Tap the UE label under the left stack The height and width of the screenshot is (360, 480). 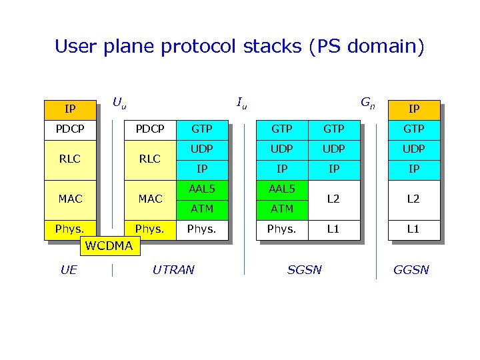(68, 270)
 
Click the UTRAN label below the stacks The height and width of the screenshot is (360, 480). (173, 270)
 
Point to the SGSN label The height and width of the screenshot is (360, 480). (304, 270)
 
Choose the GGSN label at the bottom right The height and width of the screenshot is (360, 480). (411, 270)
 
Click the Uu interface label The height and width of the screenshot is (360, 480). (119, 103)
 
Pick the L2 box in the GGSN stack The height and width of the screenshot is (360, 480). (414, 199)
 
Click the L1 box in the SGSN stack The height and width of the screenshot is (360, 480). (334, 229)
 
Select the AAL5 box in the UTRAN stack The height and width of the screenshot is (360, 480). (202, 189)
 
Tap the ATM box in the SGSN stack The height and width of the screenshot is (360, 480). (282, 209)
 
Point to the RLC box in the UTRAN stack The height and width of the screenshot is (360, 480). (150, 159)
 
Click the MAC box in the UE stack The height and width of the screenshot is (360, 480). (70, 199)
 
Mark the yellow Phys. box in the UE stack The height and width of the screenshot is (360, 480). (70, 229)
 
